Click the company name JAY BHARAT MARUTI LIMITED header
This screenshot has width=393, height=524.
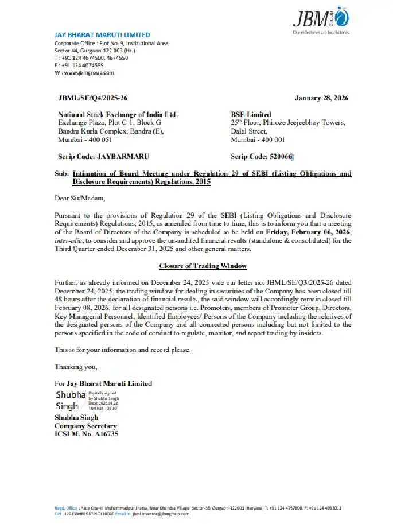102,35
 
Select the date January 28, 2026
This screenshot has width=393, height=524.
321,99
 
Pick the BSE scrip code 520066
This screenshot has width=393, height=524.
279,156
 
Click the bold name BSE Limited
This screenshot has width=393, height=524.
251,115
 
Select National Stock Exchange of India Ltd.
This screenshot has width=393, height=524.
118,115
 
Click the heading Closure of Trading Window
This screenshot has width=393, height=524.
203,266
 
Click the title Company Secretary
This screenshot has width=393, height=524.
85,426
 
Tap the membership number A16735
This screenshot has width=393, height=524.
104,434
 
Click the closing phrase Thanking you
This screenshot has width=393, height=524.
76,366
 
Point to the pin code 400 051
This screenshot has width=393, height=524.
98,139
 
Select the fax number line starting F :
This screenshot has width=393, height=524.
75,65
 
